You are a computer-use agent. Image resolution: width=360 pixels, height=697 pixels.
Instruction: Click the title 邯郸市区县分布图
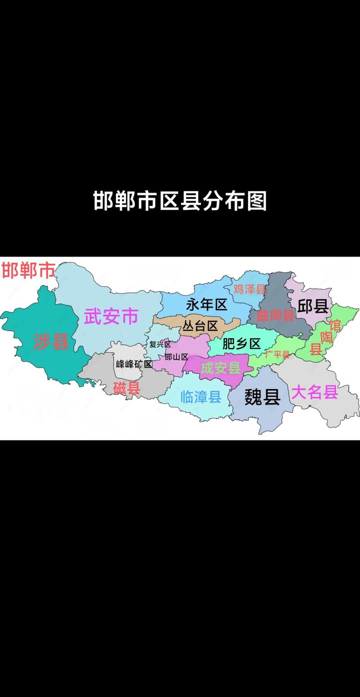click(x=180, y=201)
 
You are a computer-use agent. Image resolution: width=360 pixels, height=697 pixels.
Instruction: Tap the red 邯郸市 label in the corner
click(x=28, y=271)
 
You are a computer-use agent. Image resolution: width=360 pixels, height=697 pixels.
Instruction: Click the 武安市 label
click(x=111, y=317)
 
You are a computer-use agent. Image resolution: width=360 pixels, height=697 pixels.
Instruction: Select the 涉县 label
click(x=52, y=342)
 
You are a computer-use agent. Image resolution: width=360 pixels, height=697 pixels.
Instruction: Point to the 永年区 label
click(x=207, y=305)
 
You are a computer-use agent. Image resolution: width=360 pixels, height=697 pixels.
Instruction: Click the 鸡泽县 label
click(x=250, y=289)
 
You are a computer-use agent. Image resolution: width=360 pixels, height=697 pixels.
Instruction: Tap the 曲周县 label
click(x=275, y=315)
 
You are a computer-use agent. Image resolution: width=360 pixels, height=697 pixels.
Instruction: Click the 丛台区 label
click(x=200, y=326)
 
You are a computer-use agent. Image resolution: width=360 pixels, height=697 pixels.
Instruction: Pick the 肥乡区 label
click(x=242, y=344)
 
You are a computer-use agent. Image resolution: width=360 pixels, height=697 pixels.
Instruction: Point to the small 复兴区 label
click(x=160, y=344)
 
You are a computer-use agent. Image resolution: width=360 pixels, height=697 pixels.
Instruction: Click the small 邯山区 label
click(x=176, y=357)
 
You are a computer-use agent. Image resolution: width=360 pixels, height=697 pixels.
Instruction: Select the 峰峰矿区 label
click(x=134, y=364)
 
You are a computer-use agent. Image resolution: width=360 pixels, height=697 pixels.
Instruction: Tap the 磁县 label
click(x=127, y=388)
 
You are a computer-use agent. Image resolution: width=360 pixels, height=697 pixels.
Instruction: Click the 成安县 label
click(x=220, y=368)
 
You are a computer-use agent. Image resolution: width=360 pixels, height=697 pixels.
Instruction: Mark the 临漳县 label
click(x=201, y=396)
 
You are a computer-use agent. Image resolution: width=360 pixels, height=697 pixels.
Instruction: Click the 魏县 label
click(x=262, y=397)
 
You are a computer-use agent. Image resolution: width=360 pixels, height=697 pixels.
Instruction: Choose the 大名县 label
click(x=315, y=393)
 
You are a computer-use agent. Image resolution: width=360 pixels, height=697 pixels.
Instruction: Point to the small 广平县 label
click(x=277, y=354)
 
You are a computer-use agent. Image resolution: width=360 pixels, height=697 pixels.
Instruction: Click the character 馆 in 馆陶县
click(x=335, y=324)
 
